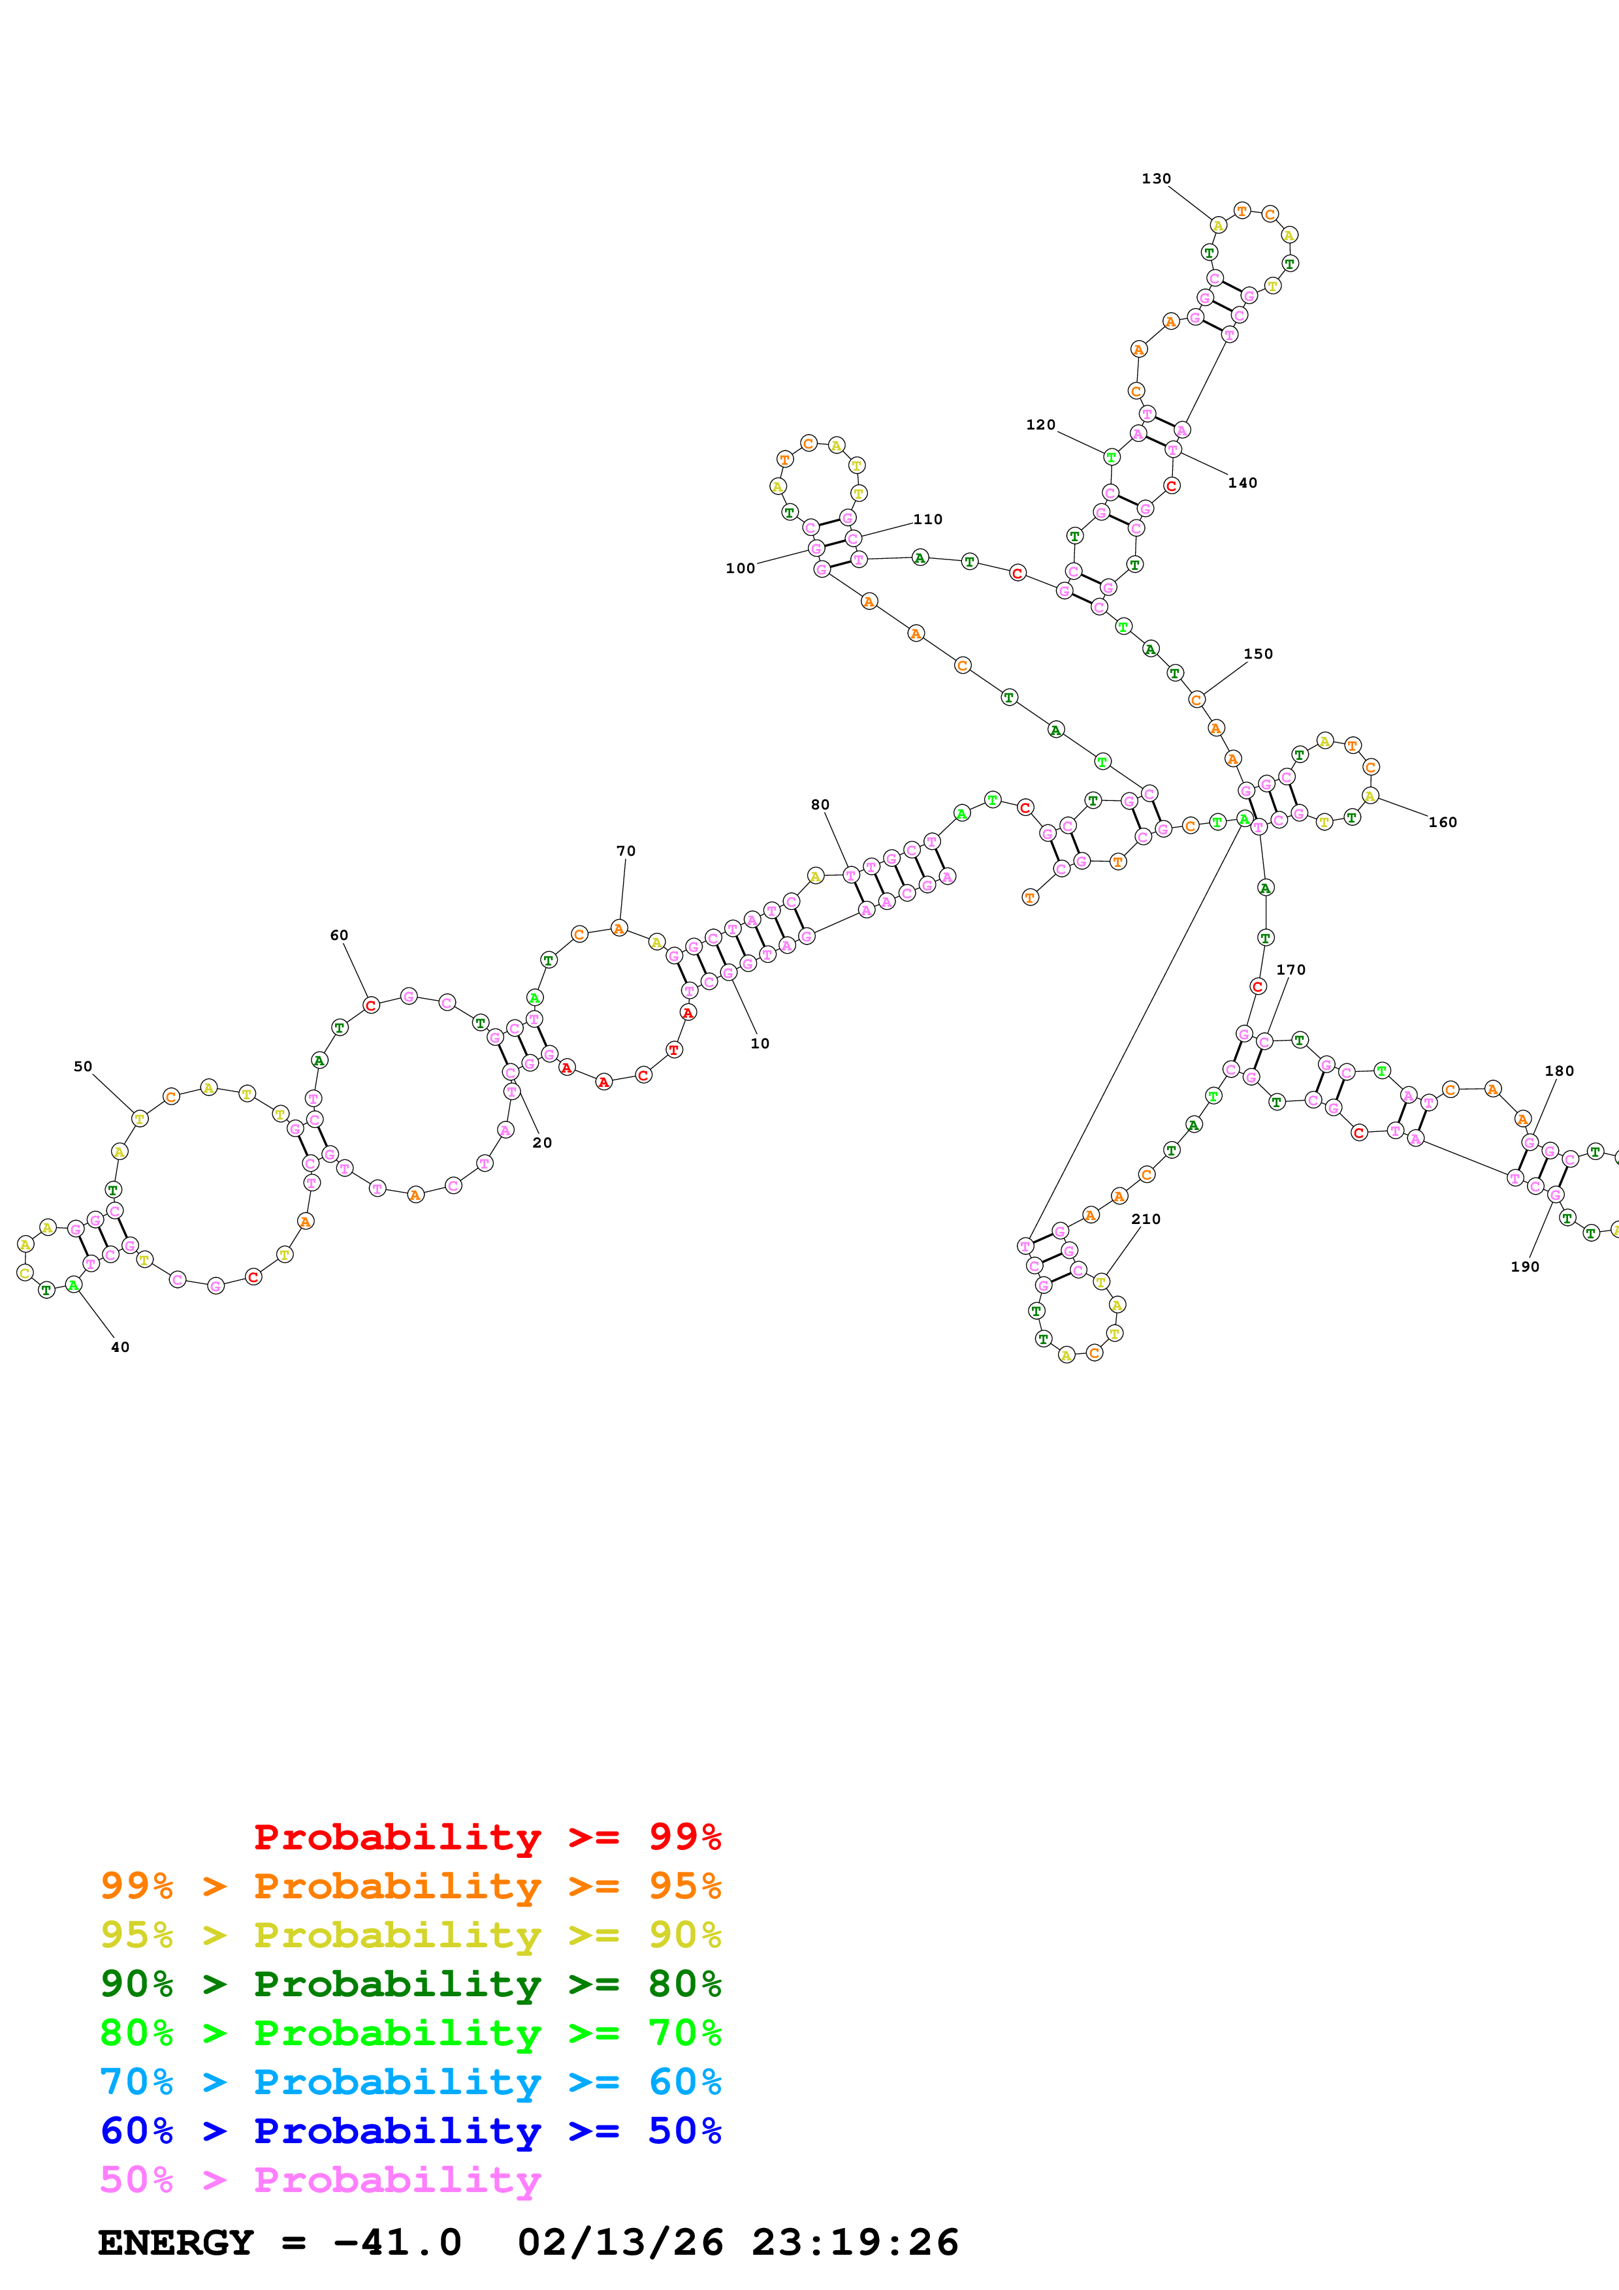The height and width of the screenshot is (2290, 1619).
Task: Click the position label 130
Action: (x=1156, y=178)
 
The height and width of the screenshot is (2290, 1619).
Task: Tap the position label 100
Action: (x=740, y=569)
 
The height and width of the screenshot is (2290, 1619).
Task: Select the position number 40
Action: (x=120, y=1347)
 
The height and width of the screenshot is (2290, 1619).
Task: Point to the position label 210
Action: (x=1146, y=1219)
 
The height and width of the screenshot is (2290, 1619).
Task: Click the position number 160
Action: (x=1443, y=822)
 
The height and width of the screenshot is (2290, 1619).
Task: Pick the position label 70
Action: (x=626, y=851)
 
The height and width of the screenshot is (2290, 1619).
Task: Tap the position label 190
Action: (x=1524, y=1266)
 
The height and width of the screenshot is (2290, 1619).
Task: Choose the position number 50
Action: (x=83, y=1066)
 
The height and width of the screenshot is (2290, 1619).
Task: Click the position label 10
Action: (x=760, y=1043)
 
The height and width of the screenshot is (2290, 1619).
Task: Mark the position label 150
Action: (x=1258, y=653)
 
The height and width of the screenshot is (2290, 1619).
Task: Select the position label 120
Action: (x=1040, y=425)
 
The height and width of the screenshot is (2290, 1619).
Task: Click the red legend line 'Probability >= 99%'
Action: (x=487, y=1836)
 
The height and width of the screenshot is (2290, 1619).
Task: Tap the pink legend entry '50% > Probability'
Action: (x=320, y=2179)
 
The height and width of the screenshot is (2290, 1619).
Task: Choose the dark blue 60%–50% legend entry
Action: (x=410, y=2131)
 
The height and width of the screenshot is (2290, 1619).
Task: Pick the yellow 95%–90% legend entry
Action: (x=410, y=1934)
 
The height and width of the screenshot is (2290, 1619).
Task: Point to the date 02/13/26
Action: (x=620, y=2243)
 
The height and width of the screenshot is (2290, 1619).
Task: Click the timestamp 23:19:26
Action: (x=855, y=2243)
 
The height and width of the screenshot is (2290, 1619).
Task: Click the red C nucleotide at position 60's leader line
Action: (x=371, y=1005)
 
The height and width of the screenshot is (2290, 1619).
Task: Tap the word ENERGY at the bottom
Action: (x=176, y=2243)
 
